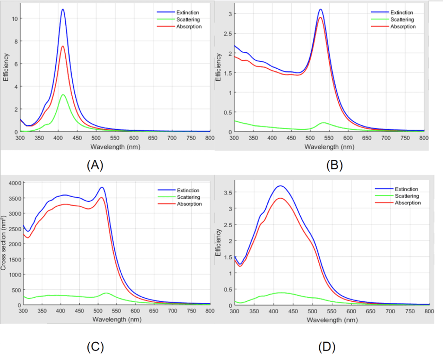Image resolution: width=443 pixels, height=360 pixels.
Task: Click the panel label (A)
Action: pos(95,166)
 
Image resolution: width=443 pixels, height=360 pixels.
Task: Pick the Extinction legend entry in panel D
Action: pos(406,189)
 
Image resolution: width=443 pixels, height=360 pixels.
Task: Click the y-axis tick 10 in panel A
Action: pos(14,19)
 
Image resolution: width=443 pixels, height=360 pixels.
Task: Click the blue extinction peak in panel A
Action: pos(63,10)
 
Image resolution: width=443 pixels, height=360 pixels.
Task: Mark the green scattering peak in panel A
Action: pos(63,95)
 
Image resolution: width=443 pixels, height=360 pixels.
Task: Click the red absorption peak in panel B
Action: pos(320,18)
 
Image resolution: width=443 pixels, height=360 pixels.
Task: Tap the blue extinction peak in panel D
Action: pos(280,186)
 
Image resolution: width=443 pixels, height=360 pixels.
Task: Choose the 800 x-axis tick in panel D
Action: pos(429,311)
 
